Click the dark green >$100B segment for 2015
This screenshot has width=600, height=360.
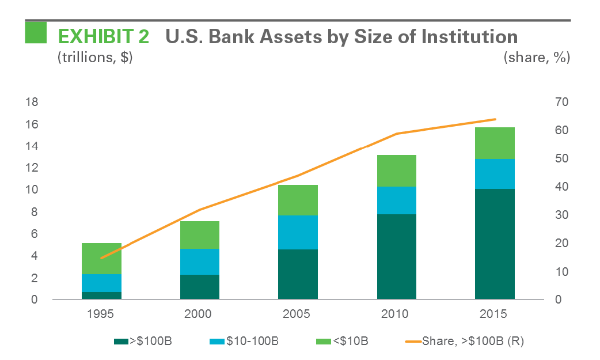pos(495,244)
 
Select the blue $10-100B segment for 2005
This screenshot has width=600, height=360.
pos(298,232)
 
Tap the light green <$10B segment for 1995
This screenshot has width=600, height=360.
pos(101,258)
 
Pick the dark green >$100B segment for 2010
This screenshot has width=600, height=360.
pos(396,256)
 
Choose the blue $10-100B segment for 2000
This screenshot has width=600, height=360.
pos(200,262)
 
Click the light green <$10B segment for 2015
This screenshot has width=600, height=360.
pos(495,143)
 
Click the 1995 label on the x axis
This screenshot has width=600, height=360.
pos(101,314)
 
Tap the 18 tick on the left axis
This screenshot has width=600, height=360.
pos(32,103)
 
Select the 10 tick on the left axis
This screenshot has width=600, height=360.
pos(32,190)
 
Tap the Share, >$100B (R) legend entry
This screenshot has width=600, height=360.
pos(472,342)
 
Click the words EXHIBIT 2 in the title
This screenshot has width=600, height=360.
pos(103,37)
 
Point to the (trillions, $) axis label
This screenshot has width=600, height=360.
pos(94,58)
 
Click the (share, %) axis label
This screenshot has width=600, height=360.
pos(537,58)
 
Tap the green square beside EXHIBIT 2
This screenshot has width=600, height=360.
pos(36,32)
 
